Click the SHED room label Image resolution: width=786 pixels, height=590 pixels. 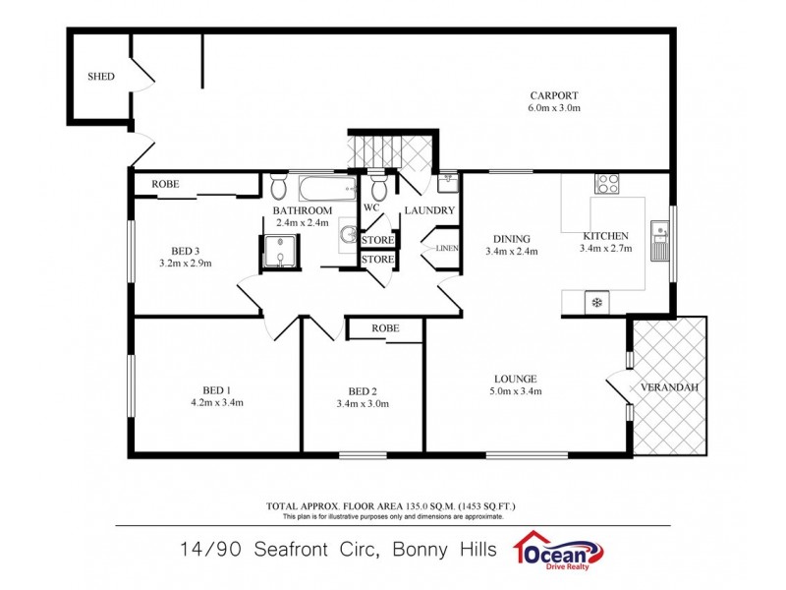click(x=100, y=76)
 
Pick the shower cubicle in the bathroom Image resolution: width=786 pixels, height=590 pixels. click(x=280, y=253)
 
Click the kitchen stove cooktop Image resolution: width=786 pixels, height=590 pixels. click(x=606, y=184)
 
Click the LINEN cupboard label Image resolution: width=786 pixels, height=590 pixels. click(x=447, y=249)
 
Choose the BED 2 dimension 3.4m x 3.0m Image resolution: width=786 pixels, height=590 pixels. click(x=363, y=403)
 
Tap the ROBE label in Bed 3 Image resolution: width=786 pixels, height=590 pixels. click(x=165, y=184)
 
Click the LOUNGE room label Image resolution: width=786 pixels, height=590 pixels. click(x=516, y=379)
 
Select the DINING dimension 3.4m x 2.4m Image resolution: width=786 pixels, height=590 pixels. click(x=512, y=252)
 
